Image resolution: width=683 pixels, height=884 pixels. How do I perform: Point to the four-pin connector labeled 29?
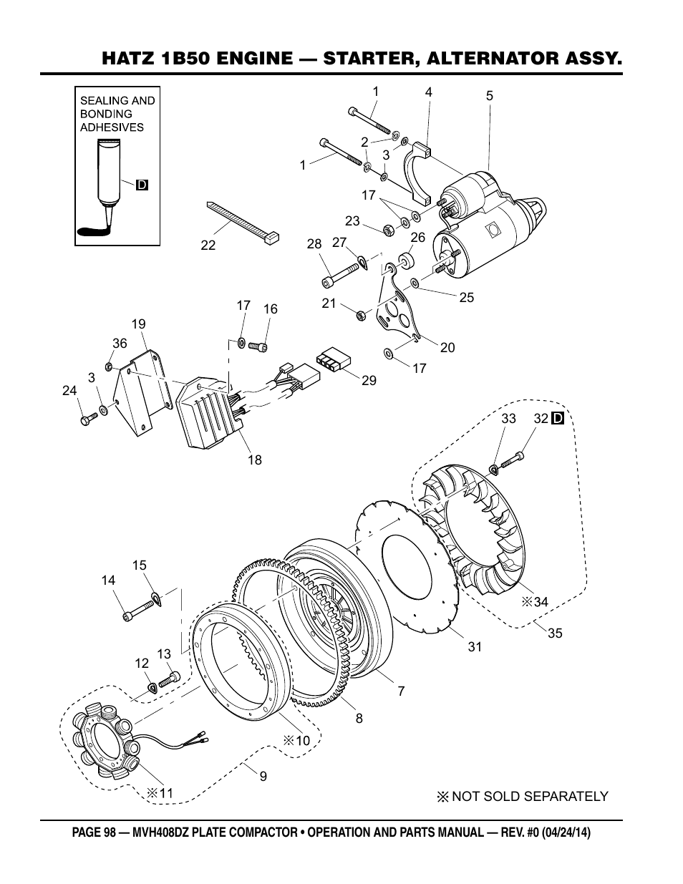[332, 359]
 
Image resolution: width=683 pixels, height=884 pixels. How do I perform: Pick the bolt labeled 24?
[89, 419]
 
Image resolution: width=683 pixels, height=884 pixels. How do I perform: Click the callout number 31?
[475, 646]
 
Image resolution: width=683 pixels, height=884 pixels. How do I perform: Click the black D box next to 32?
[558, 418]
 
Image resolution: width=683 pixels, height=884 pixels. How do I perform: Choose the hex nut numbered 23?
[389, 230]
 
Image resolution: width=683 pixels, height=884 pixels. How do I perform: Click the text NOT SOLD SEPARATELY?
[530, 796]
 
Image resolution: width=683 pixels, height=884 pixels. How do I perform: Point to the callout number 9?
[263, 776]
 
